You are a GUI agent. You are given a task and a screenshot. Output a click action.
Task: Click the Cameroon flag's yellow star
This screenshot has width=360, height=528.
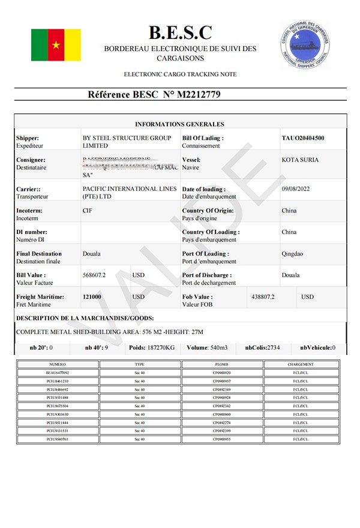(x=56, y=45)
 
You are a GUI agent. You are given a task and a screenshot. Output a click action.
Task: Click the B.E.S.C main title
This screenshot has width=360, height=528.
(x=180, y=32)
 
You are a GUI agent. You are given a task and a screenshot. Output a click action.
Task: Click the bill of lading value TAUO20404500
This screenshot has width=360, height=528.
(x=303, y=138)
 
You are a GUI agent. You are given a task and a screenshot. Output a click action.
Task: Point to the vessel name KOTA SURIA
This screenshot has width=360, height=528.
(x=300, y=160)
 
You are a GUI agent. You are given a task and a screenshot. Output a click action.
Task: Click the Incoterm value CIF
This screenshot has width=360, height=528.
(x=88, y=211)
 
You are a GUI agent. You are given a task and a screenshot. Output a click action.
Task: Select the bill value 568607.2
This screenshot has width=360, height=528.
(x=94, y=275)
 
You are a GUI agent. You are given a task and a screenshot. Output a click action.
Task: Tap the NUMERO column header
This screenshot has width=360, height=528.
(x=58, y=364)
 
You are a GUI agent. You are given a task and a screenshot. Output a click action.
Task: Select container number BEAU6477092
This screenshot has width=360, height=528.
(x=58, y=373)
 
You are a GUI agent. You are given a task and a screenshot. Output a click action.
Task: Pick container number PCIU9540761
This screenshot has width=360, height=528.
(x=58, y=439)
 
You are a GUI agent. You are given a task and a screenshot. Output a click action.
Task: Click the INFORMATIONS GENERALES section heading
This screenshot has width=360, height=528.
(x=179, y=124)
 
